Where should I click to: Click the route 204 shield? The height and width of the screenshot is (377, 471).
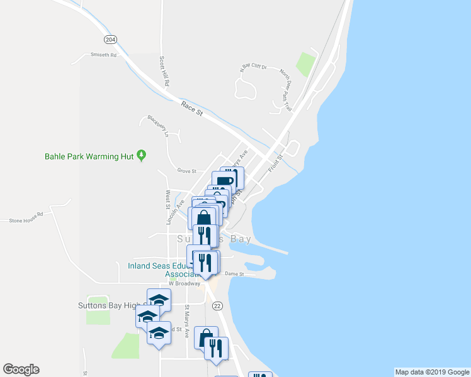(x=111, y=40)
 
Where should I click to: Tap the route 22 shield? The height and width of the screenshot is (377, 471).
(x=217, y=305)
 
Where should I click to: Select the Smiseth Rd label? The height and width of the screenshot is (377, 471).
(x=104, y=55)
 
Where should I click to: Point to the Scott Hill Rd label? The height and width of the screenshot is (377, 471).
(x=164, y=71)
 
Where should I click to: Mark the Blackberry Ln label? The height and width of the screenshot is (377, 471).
(x=158, y=126)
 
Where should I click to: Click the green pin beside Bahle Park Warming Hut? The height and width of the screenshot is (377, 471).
(x=142, y=155)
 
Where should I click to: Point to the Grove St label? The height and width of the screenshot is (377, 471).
(x=187, y=170)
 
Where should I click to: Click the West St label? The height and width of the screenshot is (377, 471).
(x=168, y=200)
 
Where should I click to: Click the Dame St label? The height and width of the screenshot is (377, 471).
(x=234, y=274)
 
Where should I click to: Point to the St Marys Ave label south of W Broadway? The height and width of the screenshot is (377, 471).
(x=187, y=321)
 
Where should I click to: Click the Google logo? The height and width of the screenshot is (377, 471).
(x=21, y=369)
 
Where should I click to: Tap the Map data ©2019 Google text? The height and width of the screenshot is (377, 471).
(x=431, y=372)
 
